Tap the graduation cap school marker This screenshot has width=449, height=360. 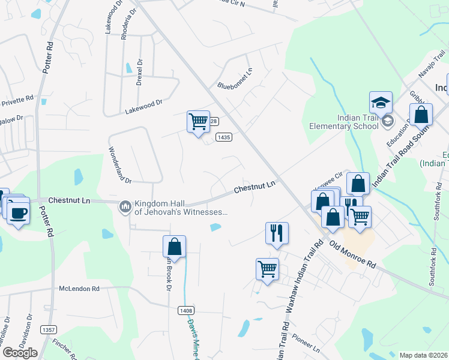click(381, 103)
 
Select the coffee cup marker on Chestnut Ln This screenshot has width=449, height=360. click(18, 212)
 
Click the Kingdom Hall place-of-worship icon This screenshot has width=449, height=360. click(125, 206)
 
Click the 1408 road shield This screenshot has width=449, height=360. click(185, 310)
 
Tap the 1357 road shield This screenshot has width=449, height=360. click(48, 330)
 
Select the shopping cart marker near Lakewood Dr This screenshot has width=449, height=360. click(198, 122)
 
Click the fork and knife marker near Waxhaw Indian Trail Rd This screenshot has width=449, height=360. click(277, 232)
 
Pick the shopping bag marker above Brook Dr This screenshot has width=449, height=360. click(174, 247)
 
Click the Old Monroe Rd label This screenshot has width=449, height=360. click(353, 255)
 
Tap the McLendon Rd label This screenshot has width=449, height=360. click(79, 289)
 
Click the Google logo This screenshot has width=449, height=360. click(19, 353)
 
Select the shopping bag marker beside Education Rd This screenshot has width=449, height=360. click(421, 114)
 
